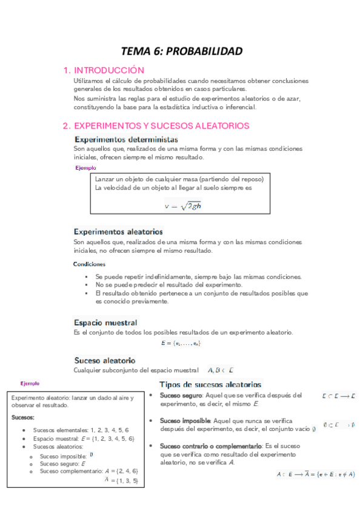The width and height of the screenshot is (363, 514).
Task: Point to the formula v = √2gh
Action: click(182, 205)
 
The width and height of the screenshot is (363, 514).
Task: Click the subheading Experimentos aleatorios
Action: click(118, 232)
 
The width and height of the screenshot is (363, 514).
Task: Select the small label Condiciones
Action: click(90, 264)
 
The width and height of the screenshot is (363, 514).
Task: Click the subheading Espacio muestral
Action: click(105, 322)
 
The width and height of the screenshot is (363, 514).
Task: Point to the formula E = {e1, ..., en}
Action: click(181, 344)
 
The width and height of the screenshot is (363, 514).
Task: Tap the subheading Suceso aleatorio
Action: click(104, 360)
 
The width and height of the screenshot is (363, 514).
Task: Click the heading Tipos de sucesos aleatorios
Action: click(210, 384)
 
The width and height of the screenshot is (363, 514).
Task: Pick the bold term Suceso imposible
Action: click(185, 420)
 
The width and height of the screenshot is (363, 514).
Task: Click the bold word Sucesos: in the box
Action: click(23, 418)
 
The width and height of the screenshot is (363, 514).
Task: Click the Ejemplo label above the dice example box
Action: click(30, 384)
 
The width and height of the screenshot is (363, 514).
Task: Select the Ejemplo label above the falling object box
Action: click(85, 168)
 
